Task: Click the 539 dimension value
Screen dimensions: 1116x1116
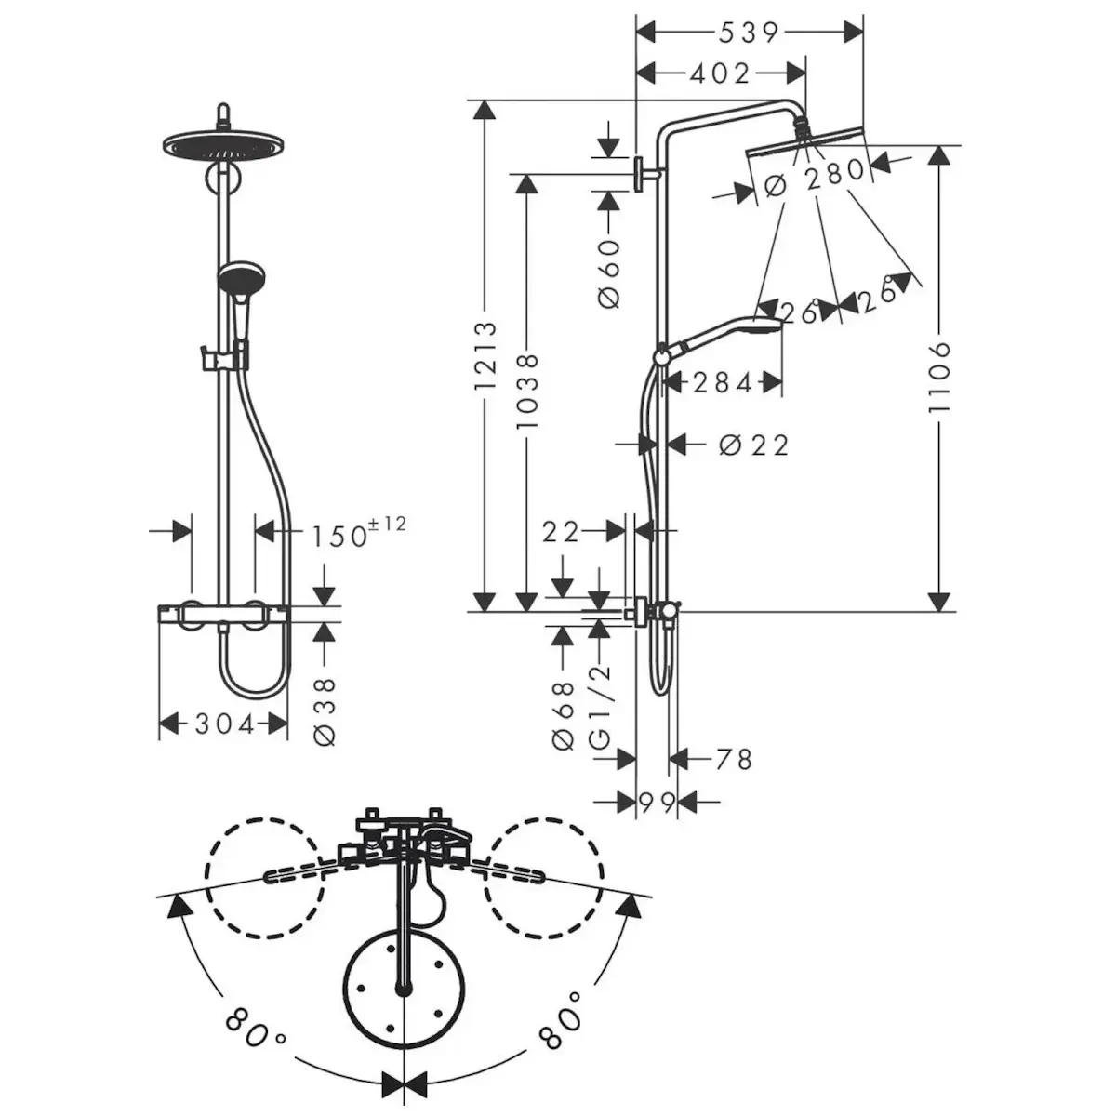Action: click(749, 33)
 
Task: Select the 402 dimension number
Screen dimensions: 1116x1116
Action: click(720, 73)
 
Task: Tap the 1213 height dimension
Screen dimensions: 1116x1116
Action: click(485, 355)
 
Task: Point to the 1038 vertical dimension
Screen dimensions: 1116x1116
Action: click(527, 392)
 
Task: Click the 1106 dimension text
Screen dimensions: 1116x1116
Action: click(938, 377)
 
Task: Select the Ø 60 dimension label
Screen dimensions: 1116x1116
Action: click(608, 273)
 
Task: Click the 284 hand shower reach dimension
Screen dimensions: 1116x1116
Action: click(723, 383)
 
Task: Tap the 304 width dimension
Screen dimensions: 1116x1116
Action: click(225, 724)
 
